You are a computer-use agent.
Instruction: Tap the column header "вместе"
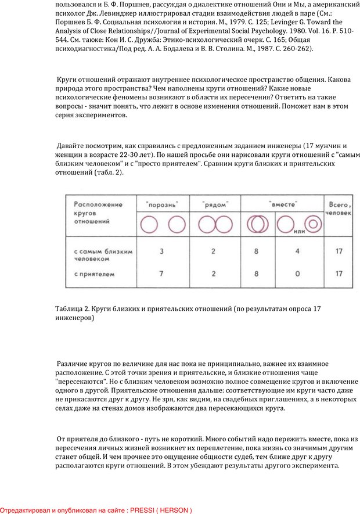tap(283, 205)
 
